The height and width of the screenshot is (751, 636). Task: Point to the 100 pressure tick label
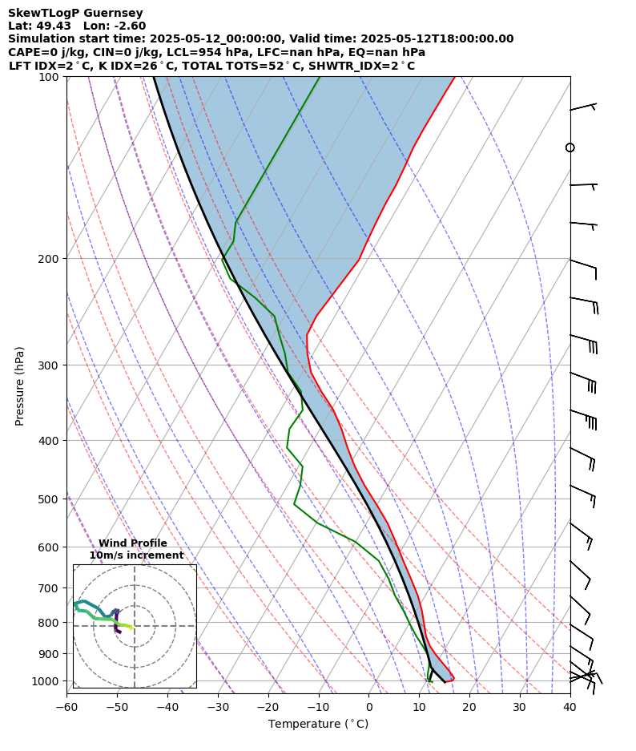(52, 77)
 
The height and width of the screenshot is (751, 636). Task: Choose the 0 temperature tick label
(368, 707)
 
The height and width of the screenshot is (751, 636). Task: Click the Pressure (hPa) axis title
(20, 386)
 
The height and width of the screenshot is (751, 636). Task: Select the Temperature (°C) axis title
(318, 725)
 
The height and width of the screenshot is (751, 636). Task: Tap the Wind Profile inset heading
(133, 543)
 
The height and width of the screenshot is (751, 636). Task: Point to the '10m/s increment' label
(136, 555)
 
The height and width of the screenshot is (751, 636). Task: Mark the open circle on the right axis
(570, 147)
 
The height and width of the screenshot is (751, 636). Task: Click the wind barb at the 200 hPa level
(584, 264)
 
